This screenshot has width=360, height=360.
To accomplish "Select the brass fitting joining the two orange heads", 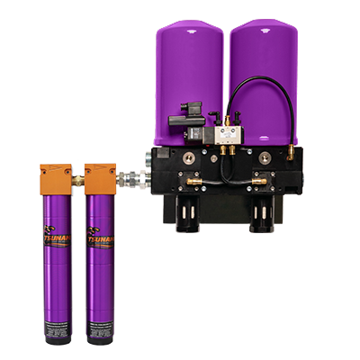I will [x=78, y=179].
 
